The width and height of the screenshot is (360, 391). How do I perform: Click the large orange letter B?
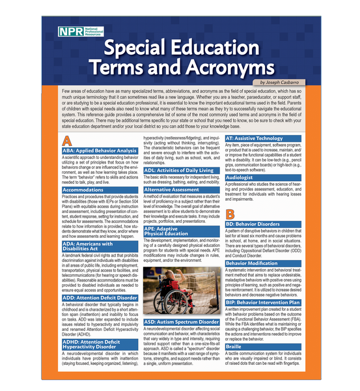pyautogui.click(x=230, y=214)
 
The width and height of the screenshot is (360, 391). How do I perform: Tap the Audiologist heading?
pyautogui.click(x=240, y=177)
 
